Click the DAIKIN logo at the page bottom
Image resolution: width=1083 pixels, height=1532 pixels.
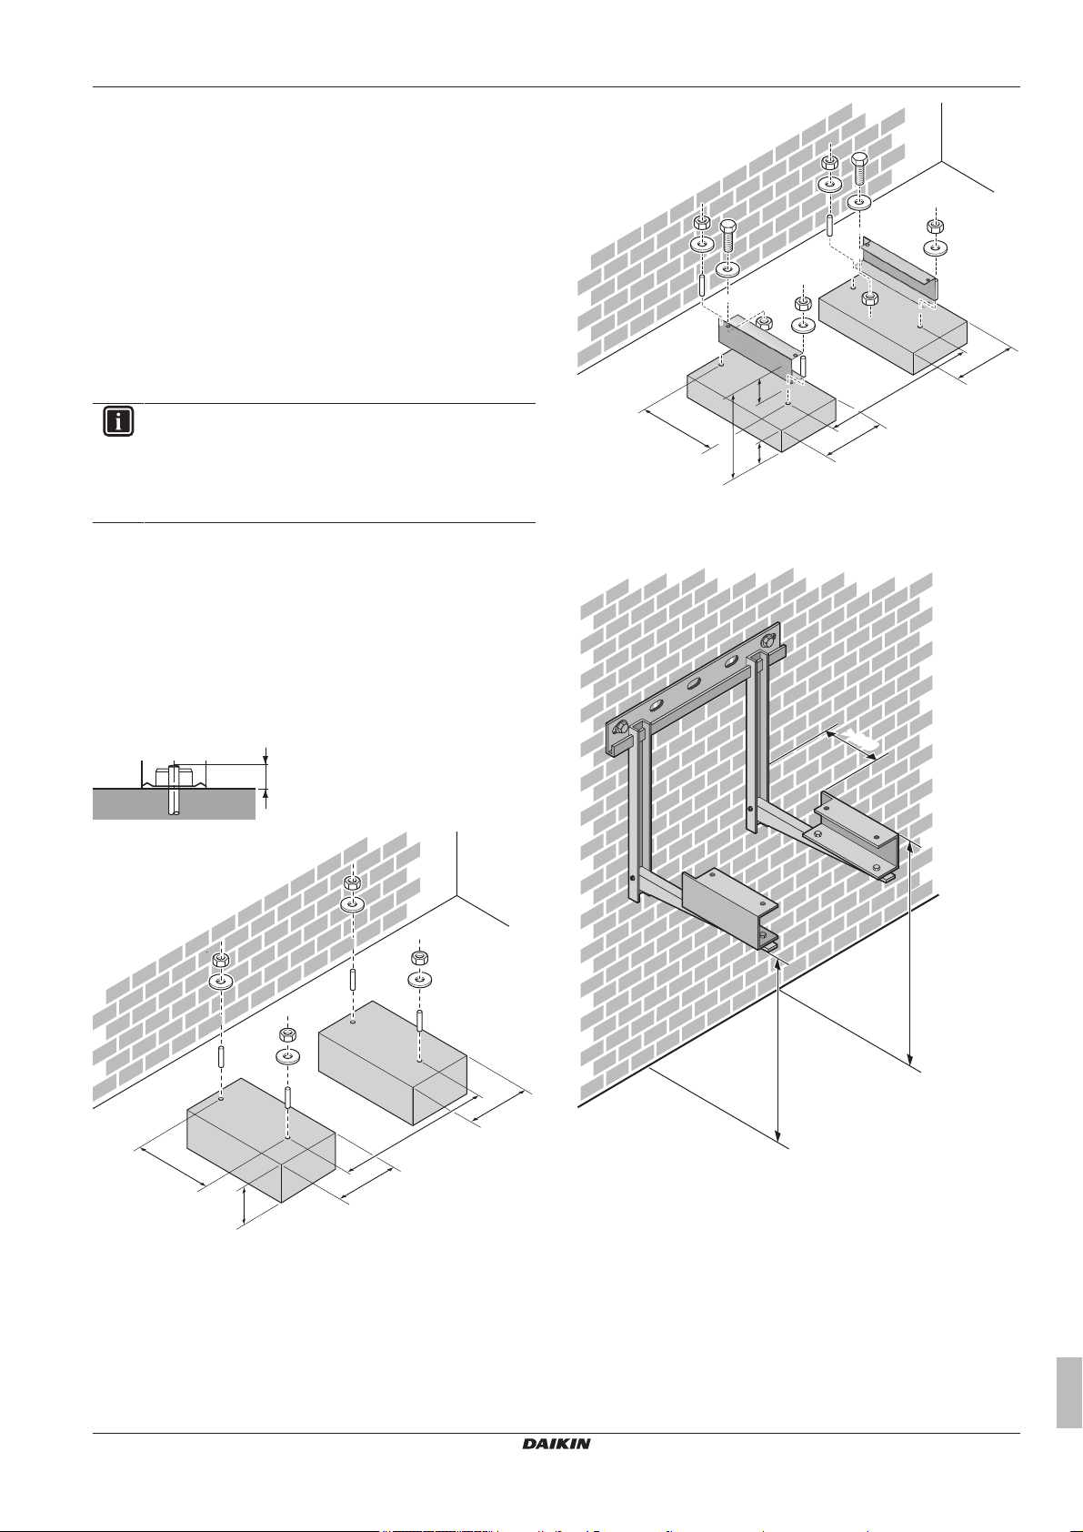pyautogui.click(x=557, y=1444)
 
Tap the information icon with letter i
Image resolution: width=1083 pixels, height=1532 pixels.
pyautogui.click(x=118, y=422)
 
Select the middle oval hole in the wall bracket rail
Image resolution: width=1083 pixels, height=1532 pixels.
pyautogui.click(x=695, y=682)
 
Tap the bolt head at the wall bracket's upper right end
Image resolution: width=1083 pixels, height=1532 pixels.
pyautogui.click(x=768, y=640)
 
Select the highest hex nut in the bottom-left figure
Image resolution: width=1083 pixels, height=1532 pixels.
pyautogui.click(x=352, y=884)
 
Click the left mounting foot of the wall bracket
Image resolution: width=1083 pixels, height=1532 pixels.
pyautogui.click(x=730, y=908)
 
